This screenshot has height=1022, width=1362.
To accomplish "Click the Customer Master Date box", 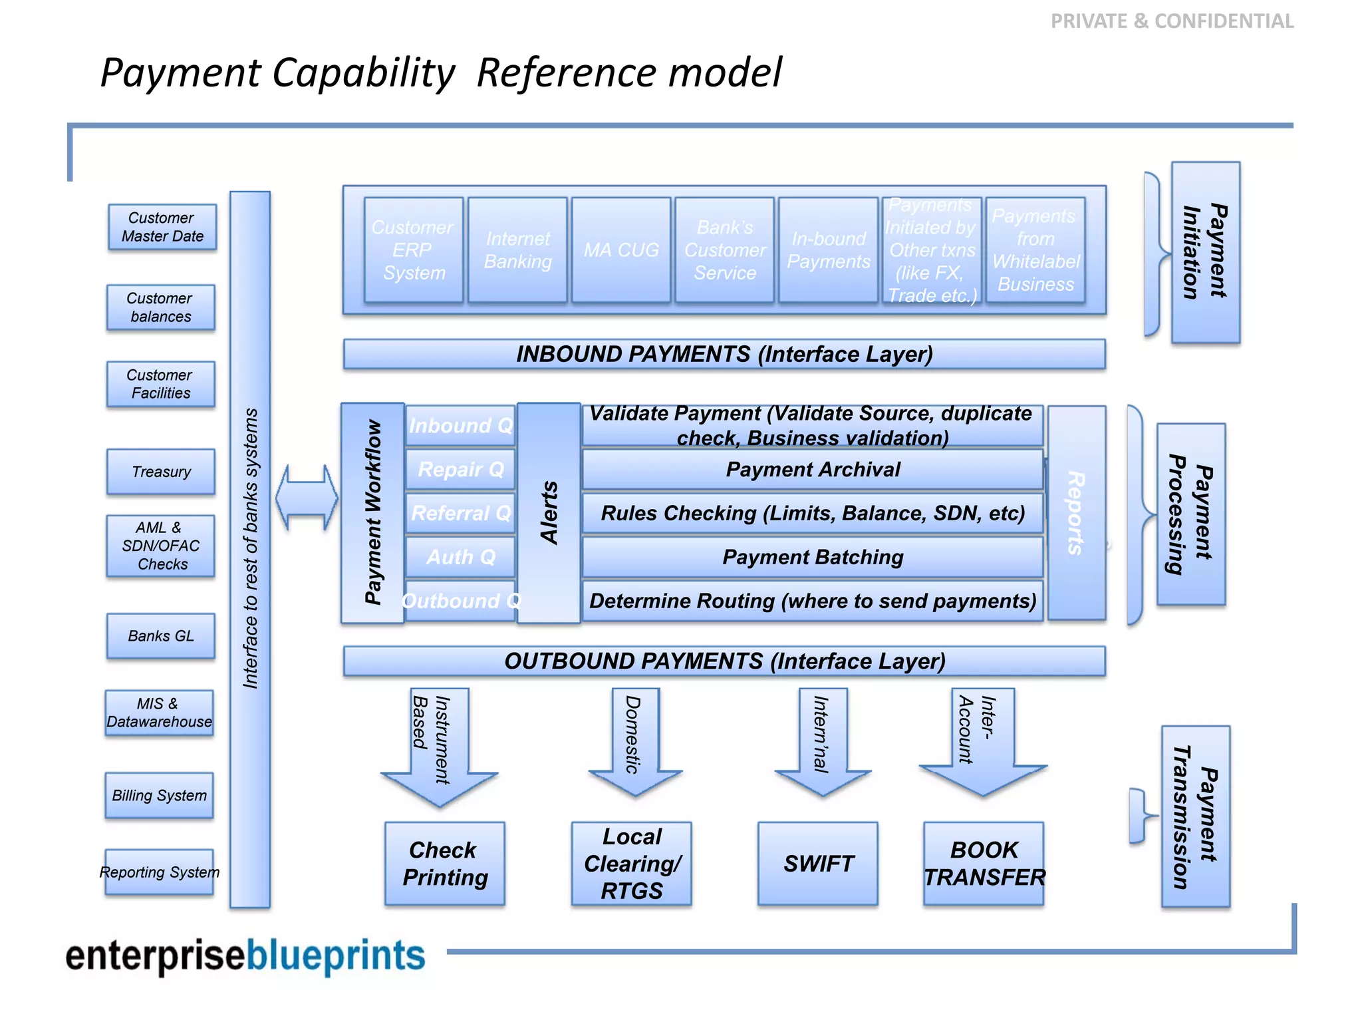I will (162, 227).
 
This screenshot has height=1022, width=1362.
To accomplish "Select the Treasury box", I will (161, 472).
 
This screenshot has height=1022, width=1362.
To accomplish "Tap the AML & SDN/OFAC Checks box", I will (161, 546).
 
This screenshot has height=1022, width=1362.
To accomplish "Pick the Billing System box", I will (160, 795).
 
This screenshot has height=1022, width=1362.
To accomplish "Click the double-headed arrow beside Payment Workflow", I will (307, 498).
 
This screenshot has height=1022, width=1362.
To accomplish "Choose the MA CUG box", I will (621, 250).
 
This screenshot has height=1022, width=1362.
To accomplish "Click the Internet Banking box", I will (517, 250).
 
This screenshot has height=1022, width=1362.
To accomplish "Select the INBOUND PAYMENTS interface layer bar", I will (724, 354).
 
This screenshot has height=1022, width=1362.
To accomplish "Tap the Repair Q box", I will (460, 470).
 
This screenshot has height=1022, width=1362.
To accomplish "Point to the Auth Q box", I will (460, 557).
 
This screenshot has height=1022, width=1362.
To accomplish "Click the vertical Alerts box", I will (549, 512).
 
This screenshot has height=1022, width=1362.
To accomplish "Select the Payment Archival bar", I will (812, 470).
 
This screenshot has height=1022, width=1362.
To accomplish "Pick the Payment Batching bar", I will (812, 557).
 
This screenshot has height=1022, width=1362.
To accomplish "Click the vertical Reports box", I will (1077, 512).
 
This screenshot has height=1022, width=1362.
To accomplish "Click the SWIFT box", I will (817, 864).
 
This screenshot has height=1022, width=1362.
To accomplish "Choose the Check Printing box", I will (444, 864).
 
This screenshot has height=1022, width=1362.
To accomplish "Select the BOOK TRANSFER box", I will (984, 864).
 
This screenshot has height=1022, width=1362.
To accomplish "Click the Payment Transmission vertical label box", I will (1195, 816).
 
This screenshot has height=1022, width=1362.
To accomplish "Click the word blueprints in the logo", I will (336, 955).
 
